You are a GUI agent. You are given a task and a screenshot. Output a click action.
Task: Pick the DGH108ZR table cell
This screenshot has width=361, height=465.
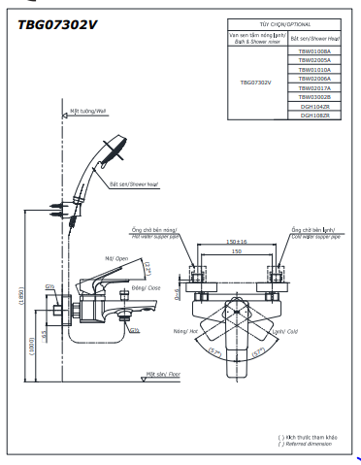point(313,116)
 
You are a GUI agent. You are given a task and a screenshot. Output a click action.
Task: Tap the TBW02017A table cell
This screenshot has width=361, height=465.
point(313,87)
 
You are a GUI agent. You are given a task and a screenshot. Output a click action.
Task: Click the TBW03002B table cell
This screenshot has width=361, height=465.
point(313,97)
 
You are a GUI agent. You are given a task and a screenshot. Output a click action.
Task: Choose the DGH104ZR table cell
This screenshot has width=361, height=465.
point(313,106)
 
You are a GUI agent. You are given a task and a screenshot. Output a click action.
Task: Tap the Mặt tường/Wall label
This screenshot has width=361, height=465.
point(88,112)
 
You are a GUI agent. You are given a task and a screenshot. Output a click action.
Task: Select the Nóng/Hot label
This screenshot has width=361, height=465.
point(186,331)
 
